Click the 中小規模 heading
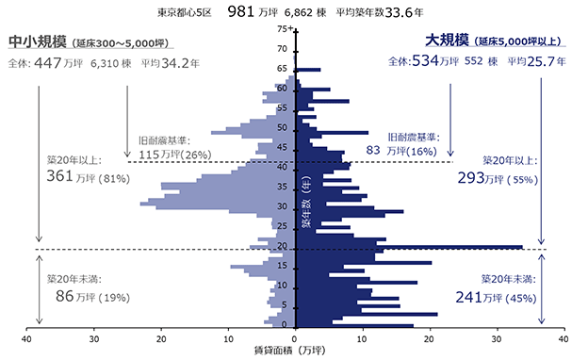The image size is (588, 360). click(x=37, y=41)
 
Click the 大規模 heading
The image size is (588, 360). click(x=447, y=41)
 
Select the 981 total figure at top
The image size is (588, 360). click(x=240, y=12)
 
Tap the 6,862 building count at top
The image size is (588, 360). click(x=298, y=13)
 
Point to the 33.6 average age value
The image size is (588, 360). click(x=399, y=13)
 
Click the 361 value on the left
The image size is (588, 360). click(x=59, y=176)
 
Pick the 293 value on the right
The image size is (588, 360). click(x=470, y=178)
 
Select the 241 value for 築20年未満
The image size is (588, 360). click(x=468, y=298)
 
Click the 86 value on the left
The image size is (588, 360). click(x=64, y=296)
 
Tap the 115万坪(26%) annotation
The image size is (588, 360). click(x=175, y=155)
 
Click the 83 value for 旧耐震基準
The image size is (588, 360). click(x=373, y=150)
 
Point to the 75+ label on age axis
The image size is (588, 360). click(x=285, y=29)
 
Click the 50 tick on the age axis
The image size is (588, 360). click(x=282, y=127)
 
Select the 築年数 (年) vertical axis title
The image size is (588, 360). click(x=306, y=202)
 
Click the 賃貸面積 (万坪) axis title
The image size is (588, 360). click(x=289, y=351)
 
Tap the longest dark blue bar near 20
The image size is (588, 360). click(x=410, y=247)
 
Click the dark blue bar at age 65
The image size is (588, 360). click(x=308, y=70)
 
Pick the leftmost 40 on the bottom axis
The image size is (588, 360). click(x=26, y=339)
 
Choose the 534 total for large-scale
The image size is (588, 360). click(x=425, y=60)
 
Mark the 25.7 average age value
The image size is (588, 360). click(x=541, y=61)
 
